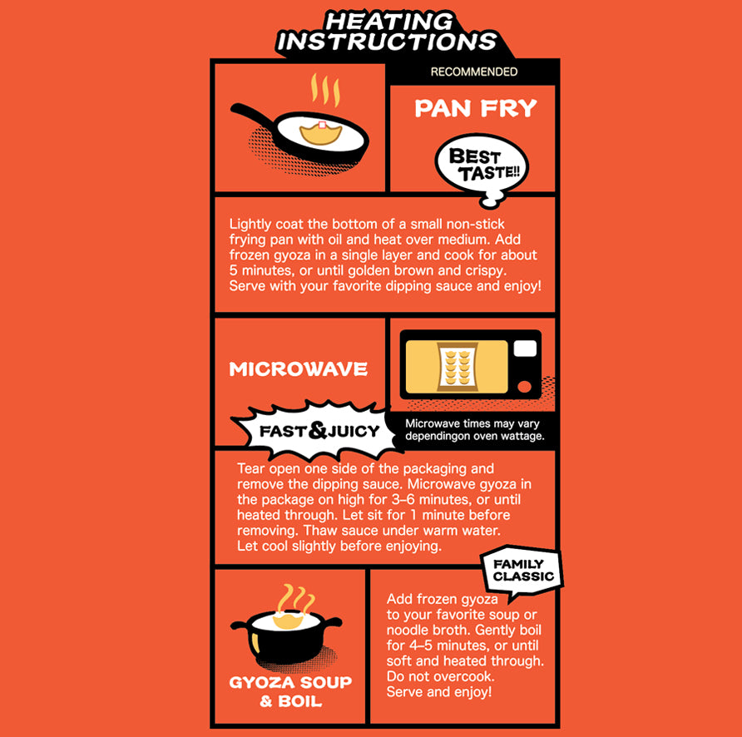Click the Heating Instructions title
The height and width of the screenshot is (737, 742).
click(x=387, y=32)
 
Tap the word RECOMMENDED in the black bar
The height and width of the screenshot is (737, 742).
click(x=473, y=72)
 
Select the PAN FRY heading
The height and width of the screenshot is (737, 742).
click(x=476, y=108)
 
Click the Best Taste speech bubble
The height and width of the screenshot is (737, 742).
click(x=482, y=166)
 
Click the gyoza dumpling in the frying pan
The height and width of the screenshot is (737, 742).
click(x=321, y=133)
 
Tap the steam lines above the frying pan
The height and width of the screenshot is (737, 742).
click(x=325, y=90)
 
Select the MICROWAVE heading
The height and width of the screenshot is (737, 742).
click(x=298, y=369)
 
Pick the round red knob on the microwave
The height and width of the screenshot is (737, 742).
click(x=524, y=387)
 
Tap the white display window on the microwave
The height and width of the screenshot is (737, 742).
click(x=525, y=349)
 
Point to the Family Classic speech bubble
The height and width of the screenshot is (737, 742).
click(x=522, y=571)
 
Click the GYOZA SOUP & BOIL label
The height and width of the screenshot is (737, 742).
click(x=290, y=691)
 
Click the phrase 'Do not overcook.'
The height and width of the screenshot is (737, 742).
click(x=441, y=676)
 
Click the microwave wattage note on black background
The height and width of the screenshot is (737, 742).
click(x=475, y=430)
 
